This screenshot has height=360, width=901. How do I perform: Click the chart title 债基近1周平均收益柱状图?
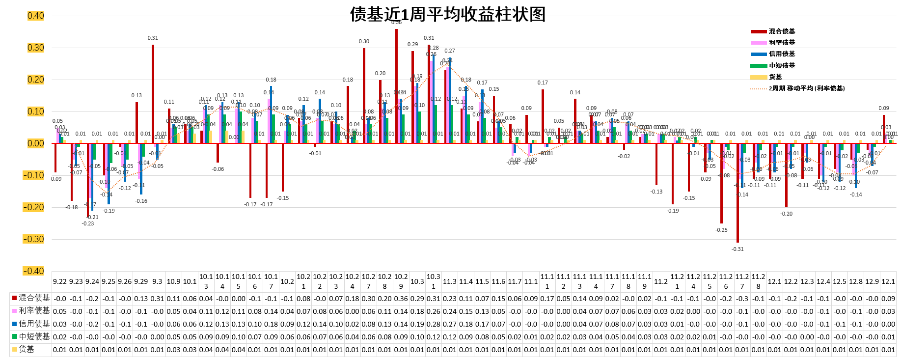point(447,14)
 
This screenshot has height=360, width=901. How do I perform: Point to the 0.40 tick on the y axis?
point(35,16)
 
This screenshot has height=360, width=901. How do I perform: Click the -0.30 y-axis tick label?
point(33,239)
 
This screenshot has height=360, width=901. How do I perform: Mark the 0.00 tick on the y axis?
point(35,143)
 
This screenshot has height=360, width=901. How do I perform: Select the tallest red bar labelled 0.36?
point(396,86)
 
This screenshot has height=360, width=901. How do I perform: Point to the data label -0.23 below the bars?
point(88,223)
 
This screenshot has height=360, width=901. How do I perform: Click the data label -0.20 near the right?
point(786,214)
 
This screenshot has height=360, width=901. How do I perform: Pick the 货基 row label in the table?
point(27,349)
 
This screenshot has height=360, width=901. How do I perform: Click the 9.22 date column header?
point(60,281)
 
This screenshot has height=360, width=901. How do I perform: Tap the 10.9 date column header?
point(173,281)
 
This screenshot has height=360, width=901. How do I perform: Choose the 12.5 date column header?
point(839,281)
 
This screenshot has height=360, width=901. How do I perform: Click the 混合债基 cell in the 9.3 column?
point(157,298)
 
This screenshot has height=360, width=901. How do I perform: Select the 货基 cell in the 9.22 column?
point(60,350)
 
